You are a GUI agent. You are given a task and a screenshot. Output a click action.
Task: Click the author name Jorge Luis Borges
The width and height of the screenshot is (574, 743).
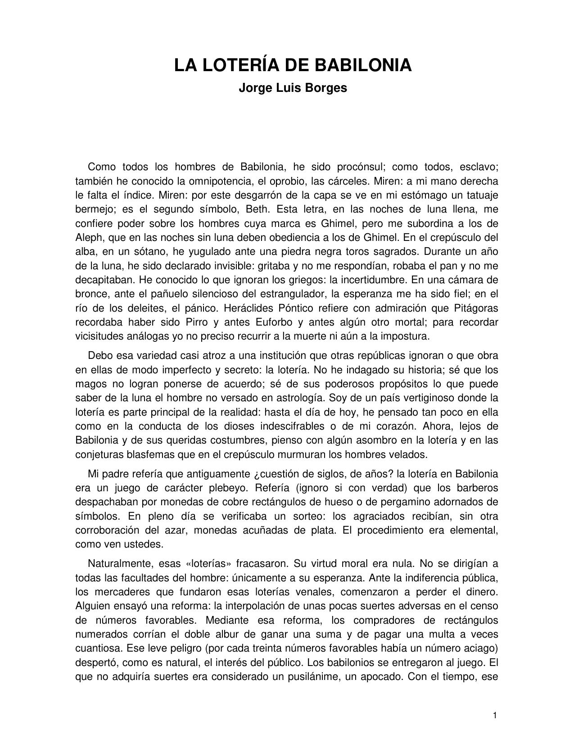pos(293,88)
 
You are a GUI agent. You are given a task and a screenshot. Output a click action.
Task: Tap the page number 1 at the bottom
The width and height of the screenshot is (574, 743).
pos(495,716)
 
